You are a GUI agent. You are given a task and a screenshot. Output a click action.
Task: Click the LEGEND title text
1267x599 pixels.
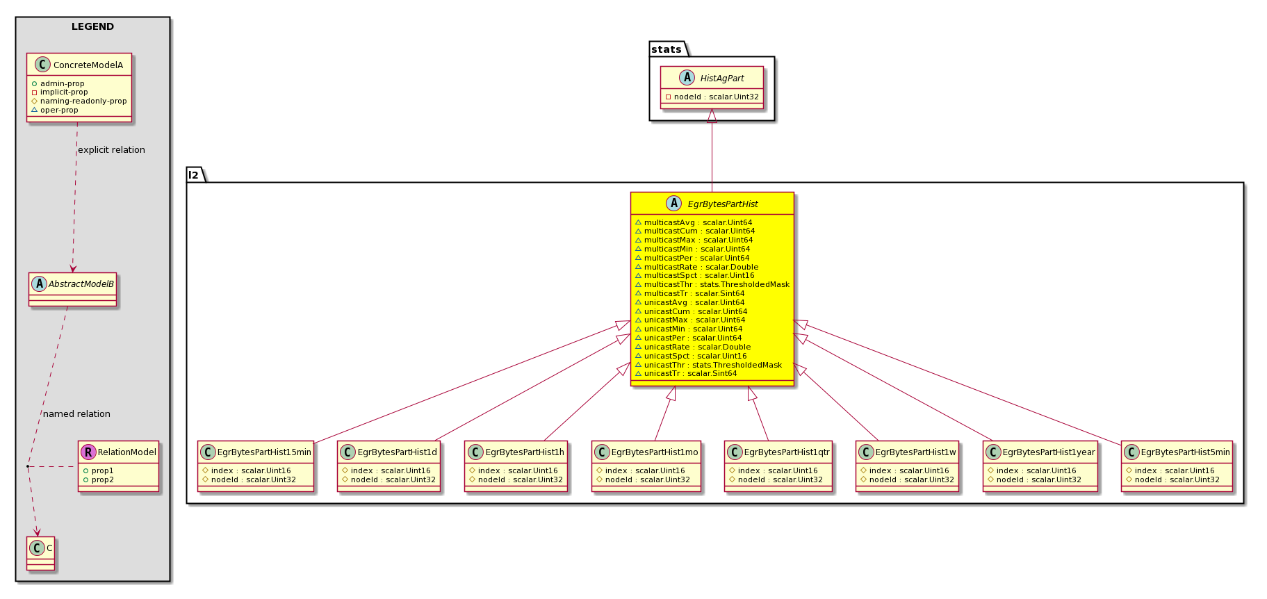[x=92, y=27]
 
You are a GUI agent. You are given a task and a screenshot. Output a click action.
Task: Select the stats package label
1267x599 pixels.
[x=667, y=49]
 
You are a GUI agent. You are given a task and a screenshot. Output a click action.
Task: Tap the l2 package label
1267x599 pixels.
[x=193, y=175]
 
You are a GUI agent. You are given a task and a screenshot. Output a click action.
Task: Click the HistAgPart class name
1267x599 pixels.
[x=722, y=79]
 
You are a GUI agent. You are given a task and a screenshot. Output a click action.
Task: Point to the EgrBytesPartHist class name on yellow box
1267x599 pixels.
[x=723, y=204]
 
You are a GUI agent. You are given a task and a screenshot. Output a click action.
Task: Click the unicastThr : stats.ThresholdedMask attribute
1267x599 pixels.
[x=708, y=365]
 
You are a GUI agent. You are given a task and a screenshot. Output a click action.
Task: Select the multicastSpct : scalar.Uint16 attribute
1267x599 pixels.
[x=694, y=276]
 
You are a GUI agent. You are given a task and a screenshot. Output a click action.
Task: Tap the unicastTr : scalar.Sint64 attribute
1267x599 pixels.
[x=686, y=374]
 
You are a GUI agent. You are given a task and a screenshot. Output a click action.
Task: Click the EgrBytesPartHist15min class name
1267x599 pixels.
[x=264, y=452]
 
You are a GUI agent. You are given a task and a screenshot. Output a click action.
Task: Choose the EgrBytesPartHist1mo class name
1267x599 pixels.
[x=655, y=452]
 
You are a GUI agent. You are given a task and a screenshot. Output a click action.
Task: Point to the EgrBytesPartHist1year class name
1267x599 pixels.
[x=1049, y=452]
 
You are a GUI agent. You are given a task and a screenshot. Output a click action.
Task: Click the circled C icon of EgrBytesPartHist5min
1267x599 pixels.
[x=1131, y=452]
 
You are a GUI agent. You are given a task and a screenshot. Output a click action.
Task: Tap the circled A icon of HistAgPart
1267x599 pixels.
[x=687, y=78]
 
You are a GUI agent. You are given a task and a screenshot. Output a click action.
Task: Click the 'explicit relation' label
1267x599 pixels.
[x=111, y=150]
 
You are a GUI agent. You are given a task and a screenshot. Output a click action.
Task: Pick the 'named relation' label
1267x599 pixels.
[x=76, y=414]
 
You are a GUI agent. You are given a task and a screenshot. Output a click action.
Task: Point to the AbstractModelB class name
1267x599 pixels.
[x=81, y=284]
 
